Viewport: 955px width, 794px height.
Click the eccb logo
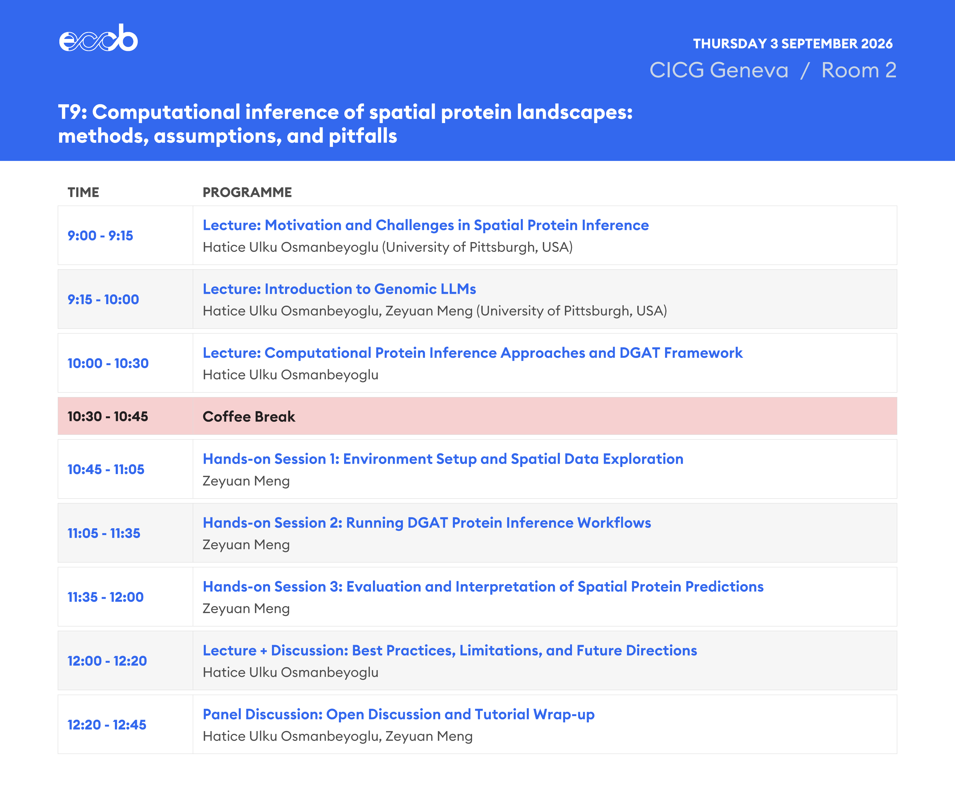tap(98, 38)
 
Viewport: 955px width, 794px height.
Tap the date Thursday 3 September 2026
tap(793, 44)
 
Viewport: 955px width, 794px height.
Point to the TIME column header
tap(83, 192)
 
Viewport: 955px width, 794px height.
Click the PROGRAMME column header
tap(247, 192)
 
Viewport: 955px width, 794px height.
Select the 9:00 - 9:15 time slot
tap(100, 236)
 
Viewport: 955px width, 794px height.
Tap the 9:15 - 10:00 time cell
tap(103, 299)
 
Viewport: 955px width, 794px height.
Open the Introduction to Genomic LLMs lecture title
tap(339, 289)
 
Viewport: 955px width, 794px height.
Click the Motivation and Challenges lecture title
tap(426, 225)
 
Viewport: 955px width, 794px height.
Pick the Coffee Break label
tap(249, 417)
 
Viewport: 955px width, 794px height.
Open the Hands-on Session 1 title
tap(443, 459)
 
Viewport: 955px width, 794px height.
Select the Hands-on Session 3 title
tap(483, 587)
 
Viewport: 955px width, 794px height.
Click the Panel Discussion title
tap(398, 714)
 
